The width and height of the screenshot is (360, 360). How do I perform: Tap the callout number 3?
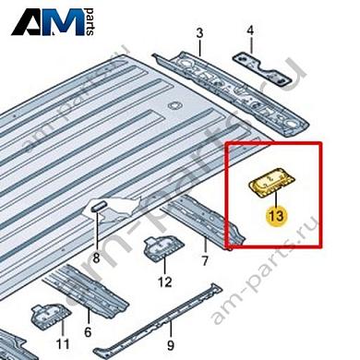(199, 34)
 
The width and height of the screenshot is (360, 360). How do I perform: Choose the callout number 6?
(88, 331)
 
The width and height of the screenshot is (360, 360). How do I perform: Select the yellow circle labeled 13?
(274, 217)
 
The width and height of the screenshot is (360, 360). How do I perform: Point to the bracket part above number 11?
(45, 313)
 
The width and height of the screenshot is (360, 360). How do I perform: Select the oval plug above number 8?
(97, 205)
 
